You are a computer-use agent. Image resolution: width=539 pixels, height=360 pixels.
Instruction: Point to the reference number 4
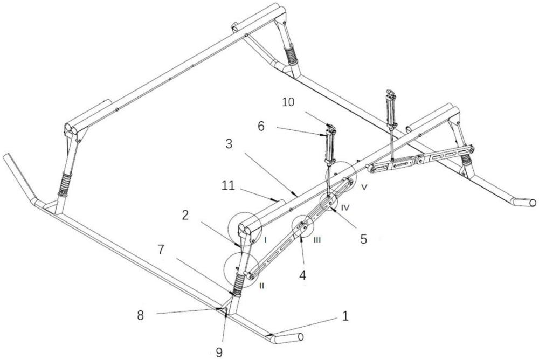click(x=303, y=275)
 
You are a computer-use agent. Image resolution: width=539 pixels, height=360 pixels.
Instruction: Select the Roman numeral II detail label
click(x=261, y=285)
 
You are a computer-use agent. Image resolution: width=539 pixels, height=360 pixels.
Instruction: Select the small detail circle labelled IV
click(x=328, y=203)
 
